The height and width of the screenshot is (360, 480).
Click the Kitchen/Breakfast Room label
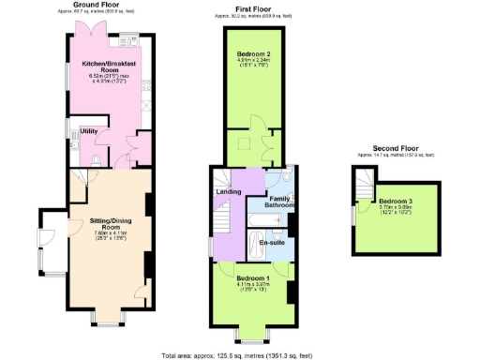click(x=108, y=65)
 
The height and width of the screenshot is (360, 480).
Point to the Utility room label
click(x=90, y=130)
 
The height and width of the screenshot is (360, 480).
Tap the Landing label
click(x=229, y=192)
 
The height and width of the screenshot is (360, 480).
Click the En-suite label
click(x=271, y=243)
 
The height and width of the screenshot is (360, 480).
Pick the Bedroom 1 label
click(x=252, y=278)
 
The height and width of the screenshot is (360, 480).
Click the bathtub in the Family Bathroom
click(x=264, y=221)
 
